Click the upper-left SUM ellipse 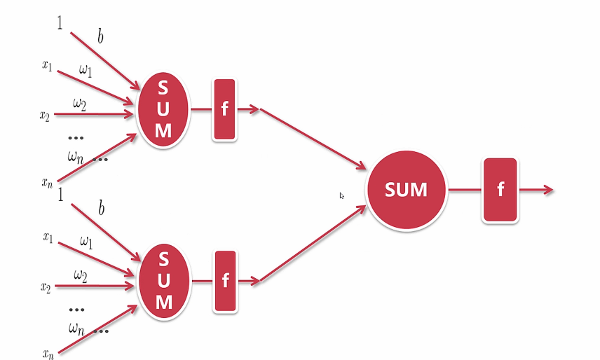163,110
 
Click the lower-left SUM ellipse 164,281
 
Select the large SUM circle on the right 406,189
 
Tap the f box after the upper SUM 224,109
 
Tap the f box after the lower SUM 225,281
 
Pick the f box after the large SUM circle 500,190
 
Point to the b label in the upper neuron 100,36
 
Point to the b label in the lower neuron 101,209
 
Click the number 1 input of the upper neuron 60,23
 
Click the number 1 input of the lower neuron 60,194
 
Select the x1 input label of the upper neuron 47,66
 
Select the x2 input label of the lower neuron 46,286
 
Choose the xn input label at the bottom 47,354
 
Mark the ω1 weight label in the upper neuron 85,71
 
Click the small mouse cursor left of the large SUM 341,196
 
